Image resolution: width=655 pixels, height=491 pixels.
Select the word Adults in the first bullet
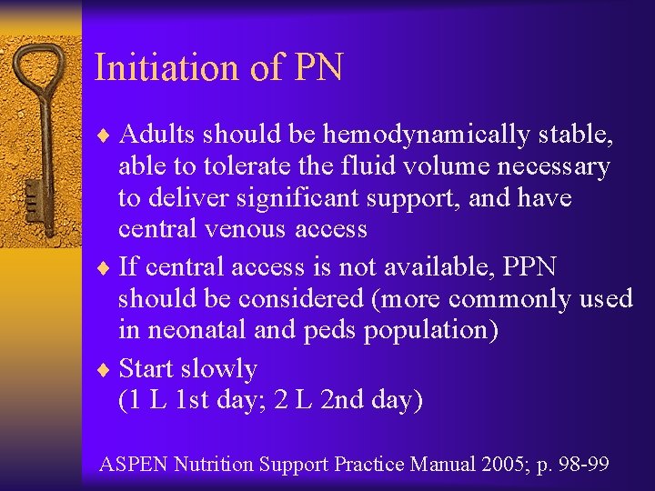tap(157, 135)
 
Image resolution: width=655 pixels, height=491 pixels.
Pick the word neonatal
tap(196, 328)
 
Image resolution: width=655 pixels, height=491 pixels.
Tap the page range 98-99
tap(587, 465)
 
